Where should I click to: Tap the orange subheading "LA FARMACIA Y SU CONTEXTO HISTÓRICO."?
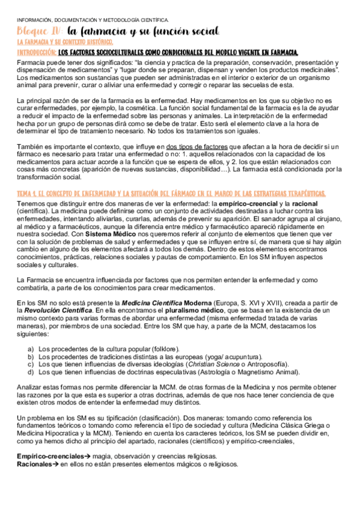tap(65, 42)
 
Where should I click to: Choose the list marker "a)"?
tap(31, 349)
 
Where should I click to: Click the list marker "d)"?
tap(31, 372)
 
